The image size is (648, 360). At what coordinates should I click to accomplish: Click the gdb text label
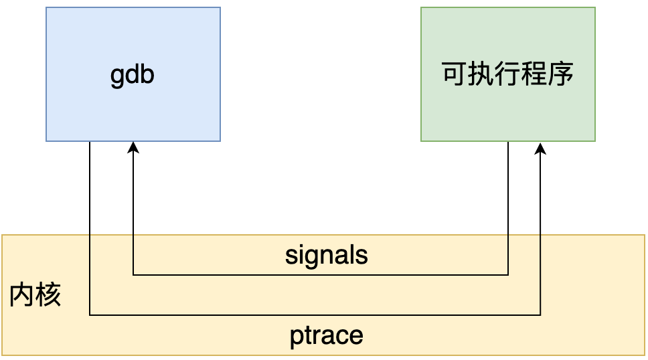coord(133,75)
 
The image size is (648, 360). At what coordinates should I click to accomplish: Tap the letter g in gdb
coord(117,78)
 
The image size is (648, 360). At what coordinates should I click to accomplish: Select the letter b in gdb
coord(147,74)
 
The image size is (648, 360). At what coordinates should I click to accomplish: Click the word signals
coord(327,255)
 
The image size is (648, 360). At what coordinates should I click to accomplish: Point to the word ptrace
coord(327,336)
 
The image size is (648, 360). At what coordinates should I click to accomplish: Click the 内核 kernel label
coord(35,294)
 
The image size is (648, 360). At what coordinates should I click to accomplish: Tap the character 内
coord(22,294)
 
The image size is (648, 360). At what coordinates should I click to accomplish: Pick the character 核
coord(48,294)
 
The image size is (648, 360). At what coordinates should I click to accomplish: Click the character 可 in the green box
coord(454,74)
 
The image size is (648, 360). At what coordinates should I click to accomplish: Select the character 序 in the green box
coord(561,74)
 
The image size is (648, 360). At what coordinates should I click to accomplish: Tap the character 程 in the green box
coord(534,74)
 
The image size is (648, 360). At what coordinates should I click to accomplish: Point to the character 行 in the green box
coord(507,74)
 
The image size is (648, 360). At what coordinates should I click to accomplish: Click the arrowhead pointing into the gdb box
coord(133,147)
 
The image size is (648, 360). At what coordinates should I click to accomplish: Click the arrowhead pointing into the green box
coord(540,149)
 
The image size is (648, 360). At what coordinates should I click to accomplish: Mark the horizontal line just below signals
coord(320,275)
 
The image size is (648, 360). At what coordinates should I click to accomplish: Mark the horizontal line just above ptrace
coord(315,315)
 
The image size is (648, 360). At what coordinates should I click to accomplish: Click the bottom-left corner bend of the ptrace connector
coord(90,315)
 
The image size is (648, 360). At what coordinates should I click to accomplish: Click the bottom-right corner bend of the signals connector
coord(508,275)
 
